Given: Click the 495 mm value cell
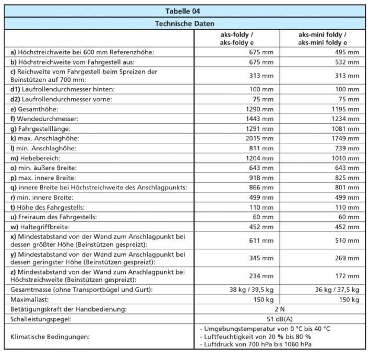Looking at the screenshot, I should pyautogui.click(x=347, y=52).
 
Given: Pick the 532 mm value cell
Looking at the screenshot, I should pyautogui.click(x=347, y=62).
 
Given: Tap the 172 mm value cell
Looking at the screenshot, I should pyautogui.click(x=347, y=276).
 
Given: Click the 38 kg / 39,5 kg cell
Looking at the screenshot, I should pyautogui.click(x=252, y=290).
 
